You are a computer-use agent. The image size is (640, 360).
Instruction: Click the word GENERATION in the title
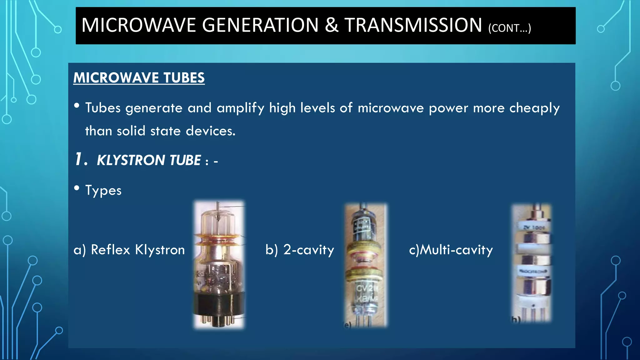coord(260,25)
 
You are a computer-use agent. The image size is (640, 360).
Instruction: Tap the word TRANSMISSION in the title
coord(413,25)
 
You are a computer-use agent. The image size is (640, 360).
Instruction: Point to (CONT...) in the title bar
coord(509,28)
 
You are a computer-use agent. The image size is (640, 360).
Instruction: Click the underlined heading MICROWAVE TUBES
coord(139,78)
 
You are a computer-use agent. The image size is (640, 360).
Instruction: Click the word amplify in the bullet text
coord(240,108)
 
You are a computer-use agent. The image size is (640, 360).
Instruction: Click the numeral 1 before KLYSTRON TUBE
coord(79,159)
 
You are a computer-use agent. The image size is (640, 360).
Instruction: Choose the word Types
coord(103,190)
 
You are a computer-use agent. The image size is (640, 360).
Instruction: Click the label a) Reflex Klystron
coord(129,250)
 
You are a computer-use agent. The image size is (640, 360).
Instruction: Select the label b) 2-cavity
coord(300,250)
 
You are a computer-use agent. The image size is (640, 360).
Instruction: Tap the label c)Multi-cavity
coord(451,250)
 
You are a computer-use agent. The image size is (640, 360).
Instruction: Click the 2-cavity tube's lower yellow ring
coord(364,274)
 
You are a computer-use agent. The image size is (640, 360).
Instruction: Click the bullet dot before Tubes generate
coord(77,106)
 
